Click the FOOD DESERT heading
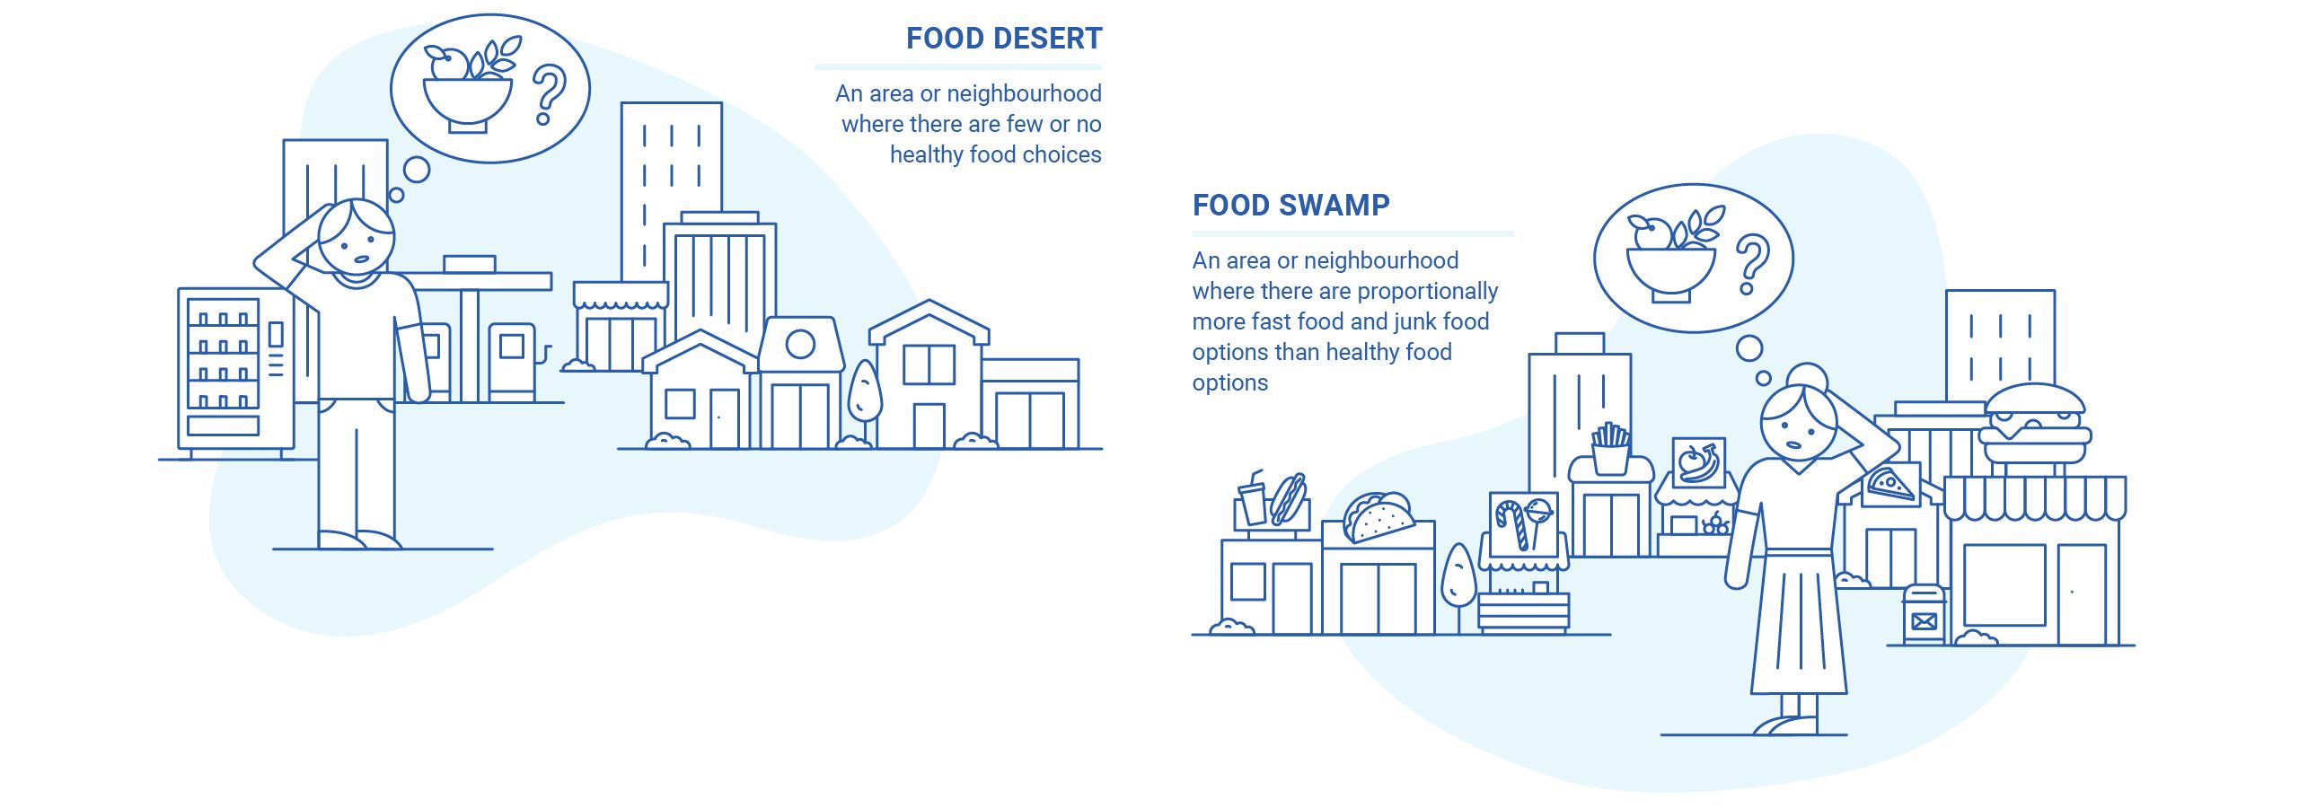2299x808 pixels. coord(1004,39)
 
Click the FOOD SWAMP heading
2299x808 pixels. coord(1291,206)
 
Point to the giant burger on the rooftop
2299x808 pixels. coord(2035,426)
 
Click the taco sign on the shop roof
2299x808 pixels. coord(1378,517)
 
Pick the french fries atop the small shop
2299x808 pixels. coord(1611,448)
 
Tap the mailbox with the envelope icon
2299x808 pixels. coord(1924,614)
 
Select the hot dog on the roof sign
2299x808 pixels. coord(1289,499)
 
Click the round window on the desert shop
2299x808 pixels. coord(800,344)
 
